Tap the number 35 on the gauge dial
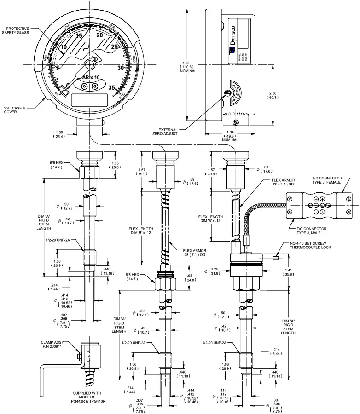click(x=112, y=87)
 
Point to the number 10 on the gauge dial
click(x=64, y=47)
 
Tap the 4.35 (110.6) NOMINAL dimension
click(x=188, y=67)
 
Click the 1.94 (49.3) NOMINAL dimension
click(x=230, y=136)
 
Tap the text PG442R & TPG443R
click(x=89, y=401)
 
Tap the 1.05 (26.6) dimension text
click(x=116, y=165)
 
